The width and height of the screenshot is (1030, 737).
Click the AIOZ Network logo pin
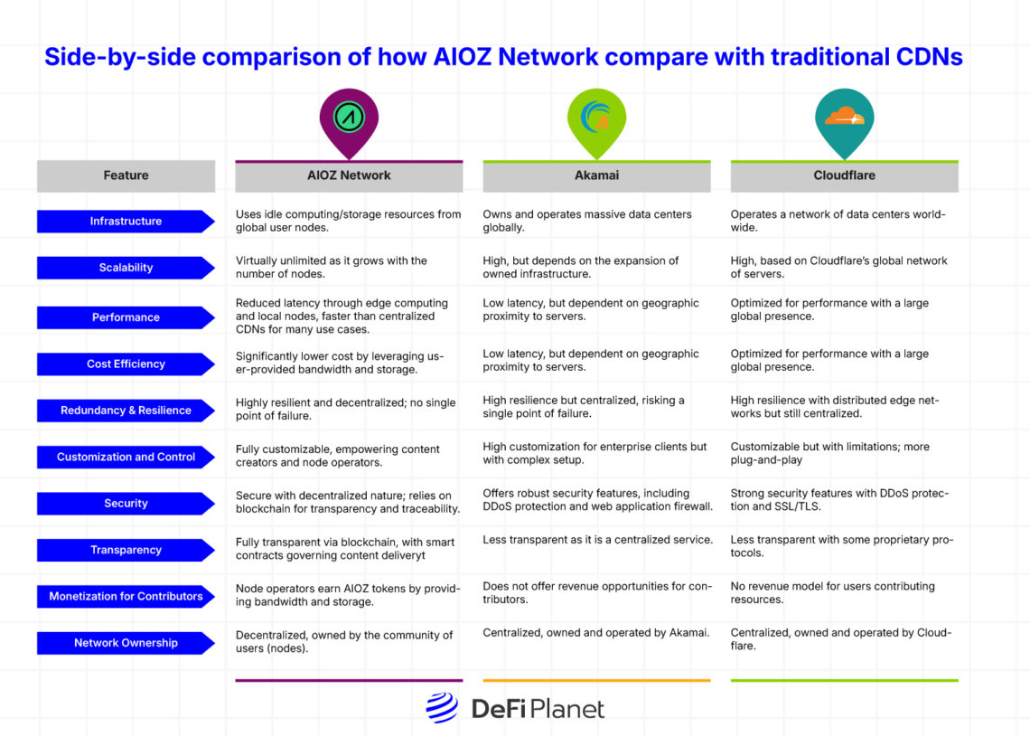point(349,118)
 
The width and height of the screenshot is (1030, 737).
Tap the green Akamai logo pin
point(596,118)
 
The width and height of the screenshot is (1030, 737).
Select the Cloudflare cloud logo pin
point(844,118)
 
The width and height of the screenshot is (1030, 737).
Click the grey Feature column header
point(126,175)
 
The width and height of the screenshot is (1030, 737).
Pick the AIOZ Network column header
point(349,175)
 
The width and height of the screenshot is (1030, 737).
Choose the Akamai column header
point(596,175)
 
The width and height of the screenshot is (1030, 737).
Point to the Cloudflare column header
point(844,175)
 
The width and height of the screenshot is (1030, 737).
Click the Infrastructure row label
point(126,222)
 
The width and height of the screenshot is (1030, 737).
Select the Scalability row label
point(126,268)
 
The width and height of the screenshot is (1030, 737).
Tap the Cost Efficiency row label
point(126,364)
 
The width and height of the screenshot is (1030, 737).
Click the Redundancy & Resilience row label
point(126,411)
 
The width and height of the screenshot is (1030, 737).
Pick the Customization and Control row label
point(126,457)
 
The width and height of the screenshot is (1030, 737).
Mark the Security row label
point(126,504)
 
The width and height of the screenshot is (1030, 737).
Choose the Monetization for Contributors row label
point(126,597)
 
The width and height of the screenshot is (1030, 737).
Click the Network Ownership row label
point(126,643)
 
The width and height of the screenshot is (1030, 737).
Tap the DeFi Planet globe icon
point(442,708)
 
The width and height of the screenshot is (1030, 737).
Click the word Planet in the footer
point(566,709)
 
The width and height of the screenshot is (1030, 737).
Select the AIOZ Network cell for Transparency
point(345,549)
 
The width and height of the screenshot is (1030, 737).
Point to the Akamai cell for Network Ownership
point(595,633)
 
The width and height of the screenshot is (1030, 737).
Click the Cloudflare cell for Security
point(839,499)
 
